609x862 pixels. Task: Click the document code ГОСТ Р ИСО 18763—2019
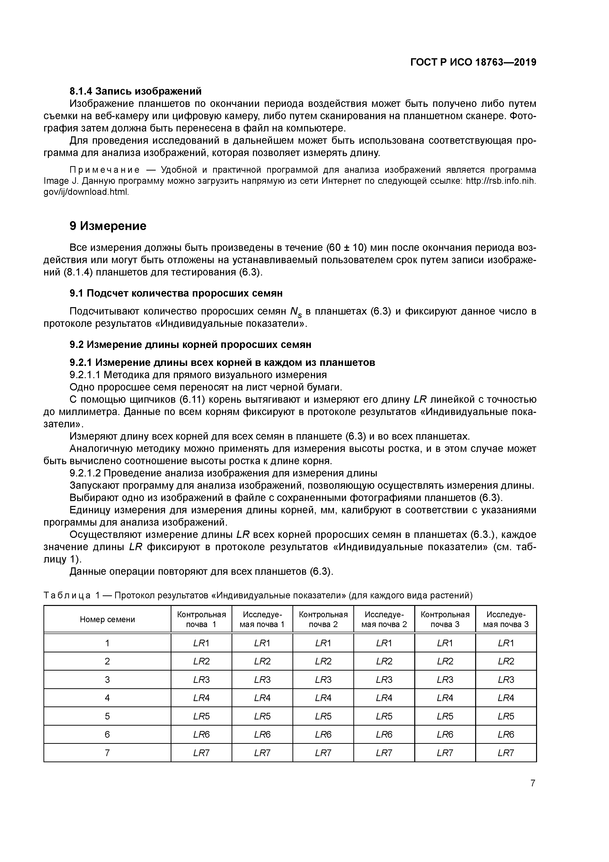[x=473, y=62]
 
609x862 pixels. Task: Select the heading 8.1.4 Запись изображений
[x=136, y=91]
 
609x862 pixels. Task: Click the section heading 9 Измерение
[x=108, y=226]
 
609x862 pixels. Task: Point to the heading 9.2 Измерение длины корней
[x=190, y=344]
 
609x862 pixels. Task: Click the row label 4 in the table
[x=107, y=698]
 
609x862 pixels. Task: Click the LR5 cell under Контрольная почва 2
[x=323, y=716]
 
